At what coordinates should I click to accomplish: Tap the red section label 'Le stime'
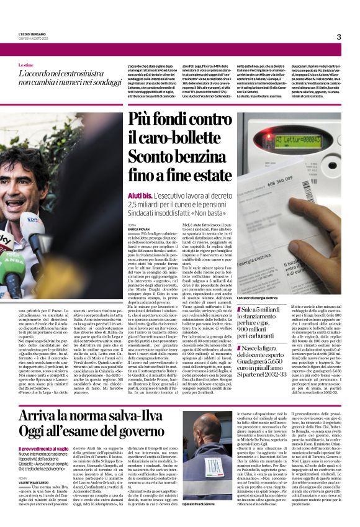[x=26, y=65]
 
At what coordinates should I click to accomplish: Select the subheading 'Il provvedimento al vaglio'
[x=43, y=431]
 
